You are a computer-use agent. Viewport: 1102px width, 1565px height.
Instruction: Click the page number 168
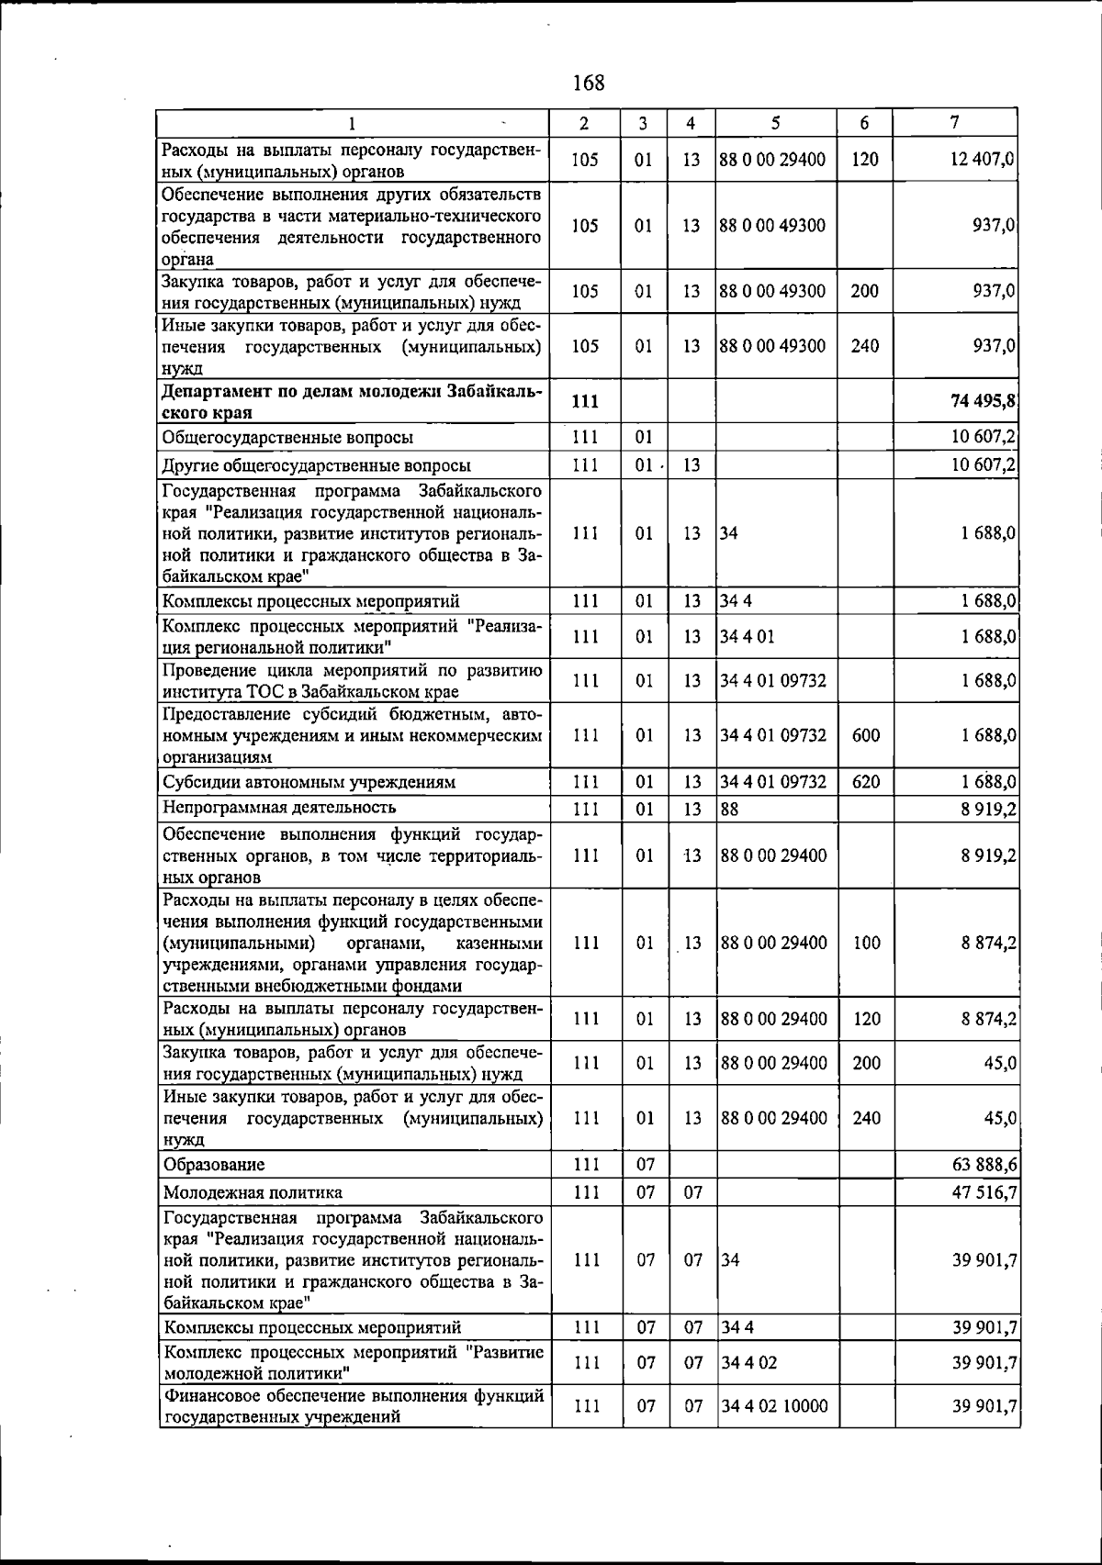[589, 83]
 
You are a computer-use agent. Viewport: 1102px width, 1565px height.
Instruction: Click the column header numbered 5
[776, 123]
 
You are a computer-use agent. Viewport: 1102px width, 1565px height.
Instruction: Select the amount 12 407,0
[984, 159]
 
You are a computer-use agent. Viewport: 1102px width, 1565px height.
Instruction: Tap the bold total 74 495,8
[984, 403]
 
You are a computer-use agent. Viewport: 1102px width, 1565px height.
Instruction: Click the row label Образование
[214, 1165]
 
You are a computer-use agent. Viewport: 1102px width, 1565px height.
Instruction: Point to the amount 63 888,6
[984, 1165]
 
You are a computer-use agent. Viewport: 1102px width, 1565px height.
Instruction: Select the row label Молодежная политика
[253, 1192]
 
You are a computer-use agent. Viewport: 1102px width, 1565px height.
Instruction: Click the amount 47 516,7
[984, 1192]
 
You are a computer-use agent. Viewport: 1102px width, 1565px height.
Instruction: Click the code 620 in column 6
[866, 782]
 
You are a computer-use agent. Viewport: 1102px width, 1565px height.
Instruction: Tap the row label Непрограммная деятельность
[279, 808]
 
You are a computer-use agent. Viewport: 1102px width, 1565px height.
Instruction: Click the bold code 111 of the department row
[585, 403]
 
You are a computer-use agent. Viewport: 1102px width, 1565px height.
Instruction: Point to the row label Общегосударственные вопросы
[287, 438]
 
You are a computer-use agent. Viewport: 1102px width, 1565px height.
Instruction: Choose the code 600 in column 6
[866, 735]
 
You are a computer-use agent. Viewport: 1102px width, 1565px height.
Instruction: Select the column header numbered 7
[955, 122]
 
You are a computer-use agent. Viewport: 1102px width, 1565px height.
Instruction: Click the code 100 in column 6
[866, 943]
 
